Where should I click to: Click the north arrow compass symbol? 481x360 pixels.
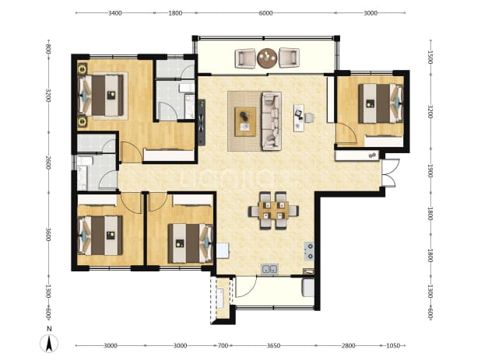(x=49, y=343)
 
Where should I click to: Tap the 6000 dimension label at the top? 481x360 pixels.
(x=265, y=13)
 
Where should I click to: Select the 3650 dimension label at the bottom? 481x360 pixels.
(x=273, y=345)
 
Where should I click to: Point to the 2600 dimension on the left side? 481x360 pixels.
(x=47, y=163)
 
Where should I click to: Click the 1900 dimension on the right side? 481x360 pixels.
(x=430, y=171)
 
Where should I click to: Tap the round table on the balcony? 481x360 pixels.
(x=267, y=58)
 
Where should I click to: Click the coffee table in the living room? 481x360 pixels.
(x=245, y=121)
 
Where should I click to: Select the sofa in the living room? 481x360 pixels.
(x=271, y=121)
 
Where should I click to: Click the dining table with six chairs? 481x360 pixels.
(x=273, y=211)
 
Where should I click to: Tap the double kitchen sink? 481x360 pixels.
(x=269, y=269)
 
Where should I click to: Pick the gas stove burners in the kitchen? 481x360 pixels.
(x=309, y=251)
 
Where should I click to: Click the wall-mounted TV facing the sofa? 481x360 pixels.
(x=202, y=122)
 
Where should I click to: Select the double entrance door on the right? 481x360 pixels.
(x=390, y=173)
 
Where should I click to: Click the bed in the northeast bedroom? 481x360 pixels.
(x=381, y=103)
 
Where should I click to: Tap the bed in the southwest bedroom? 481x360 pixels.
(x=100, y=236)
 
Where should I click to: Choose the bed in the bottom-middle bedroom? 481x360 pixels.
(x=190, y=243)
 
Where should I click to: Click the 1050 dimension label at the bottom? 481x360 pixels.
(x=392, y=345)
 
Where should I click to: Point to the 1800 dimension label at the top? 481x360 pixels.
(x=175, y=13)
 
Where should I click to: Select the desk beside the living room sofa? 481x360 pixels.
(x=298, y=118)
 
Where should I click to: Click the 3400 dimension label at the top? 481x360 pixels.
(x=115, y=13)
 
